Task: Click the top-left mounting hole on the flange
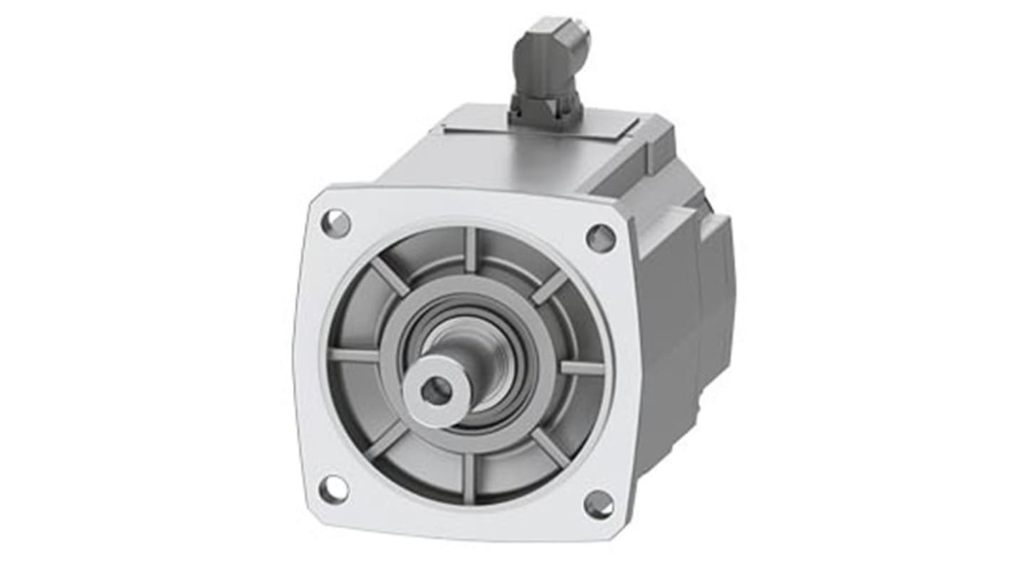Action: (336, 223)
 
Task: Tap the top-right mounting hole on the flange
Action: (600, 238)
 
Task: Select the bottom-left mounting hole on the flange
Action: (333, 489)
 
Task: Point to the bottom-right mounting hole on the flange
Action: (598, 504)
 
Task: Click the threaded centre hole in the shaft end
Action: (436, 390)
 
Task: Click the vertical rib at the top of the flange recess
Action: (470, 250)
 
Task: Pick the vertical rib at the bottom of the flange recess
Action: (468, 478)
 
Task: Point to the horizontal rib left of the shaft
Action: (354, 354)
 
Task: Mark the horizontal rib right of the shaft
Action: (582, 368)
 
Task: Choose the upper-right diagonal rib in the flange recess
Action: (550, 287)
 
